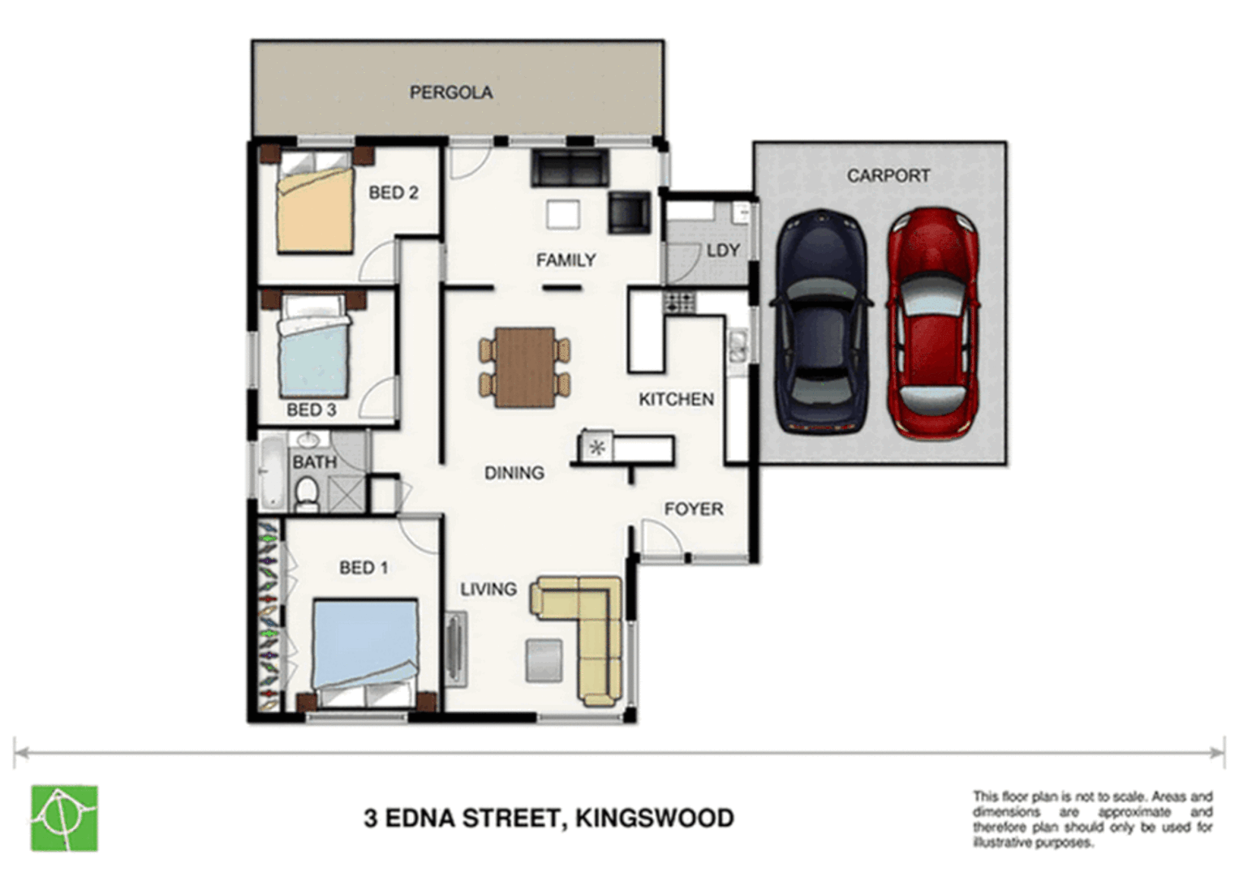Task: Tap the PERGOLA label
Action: (450, 92)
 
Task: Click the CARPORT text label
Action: (888, 175)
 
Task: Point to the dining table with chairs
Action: (525, 367)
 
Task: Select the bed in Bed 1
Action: (365, 649)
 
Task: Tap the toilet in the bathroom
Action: (307, 493)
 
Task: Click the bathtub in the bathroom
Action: (271, 474)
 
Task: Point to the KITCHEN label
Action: (676, 399)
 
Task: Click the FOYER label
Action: (693, 509)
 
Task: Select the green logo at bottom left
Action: (64, 818)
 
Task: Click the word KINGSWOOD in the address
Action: (654, 818)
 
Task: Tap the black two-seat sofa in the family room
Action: (569, 168)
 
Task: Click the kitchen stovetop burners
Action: (679, 303)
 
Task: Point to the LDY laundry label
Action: (722, 251)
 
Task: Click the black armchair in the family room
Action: (630, 213)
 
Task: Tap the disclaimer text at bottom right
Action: (1092, 819)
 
